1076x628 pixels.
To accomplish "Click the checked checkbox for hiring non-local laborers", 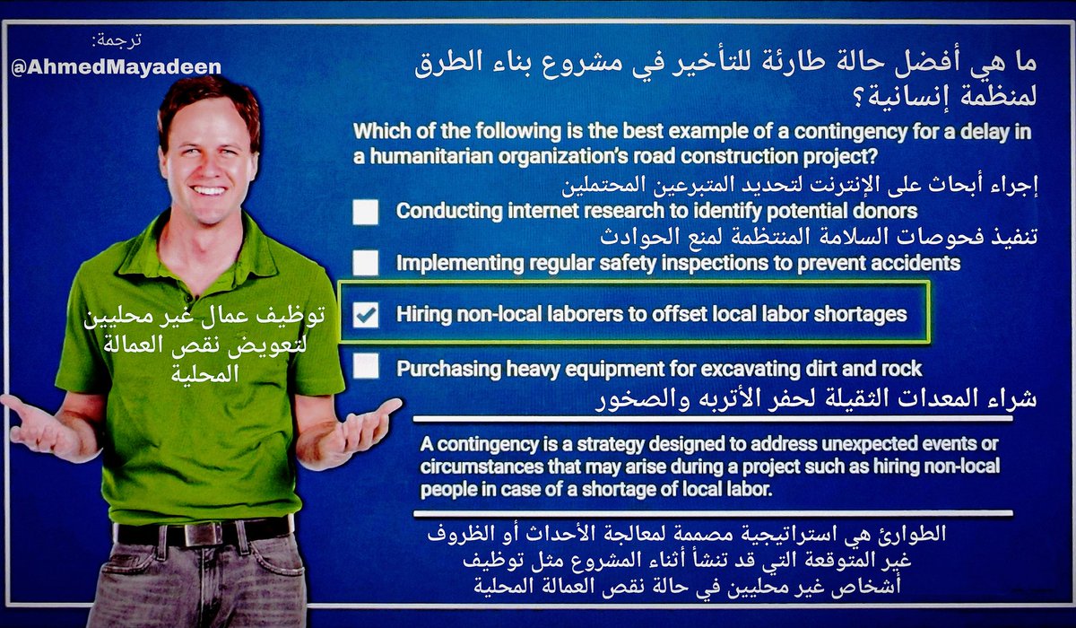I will [x=366, y=316].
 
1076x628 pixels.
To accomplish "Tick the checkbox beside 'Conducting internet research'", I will [x=366, y=212].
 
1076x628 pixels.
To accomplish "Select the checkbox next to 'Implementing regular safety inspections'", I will [x=366, y=263].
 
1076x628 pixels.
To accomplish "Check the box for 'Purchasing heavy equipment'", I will [x=366, y=367].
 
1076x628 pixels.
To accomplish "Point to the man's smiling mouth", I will [x=209, y=190].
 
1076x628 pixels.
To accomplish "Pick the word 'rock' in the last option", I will [x=899, y=368].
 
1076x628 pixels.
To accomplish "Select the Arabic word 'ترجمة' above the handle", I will [x=117, y=40].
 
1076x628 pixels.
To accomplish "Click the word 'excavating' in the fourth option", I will [x=711, y=368].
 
